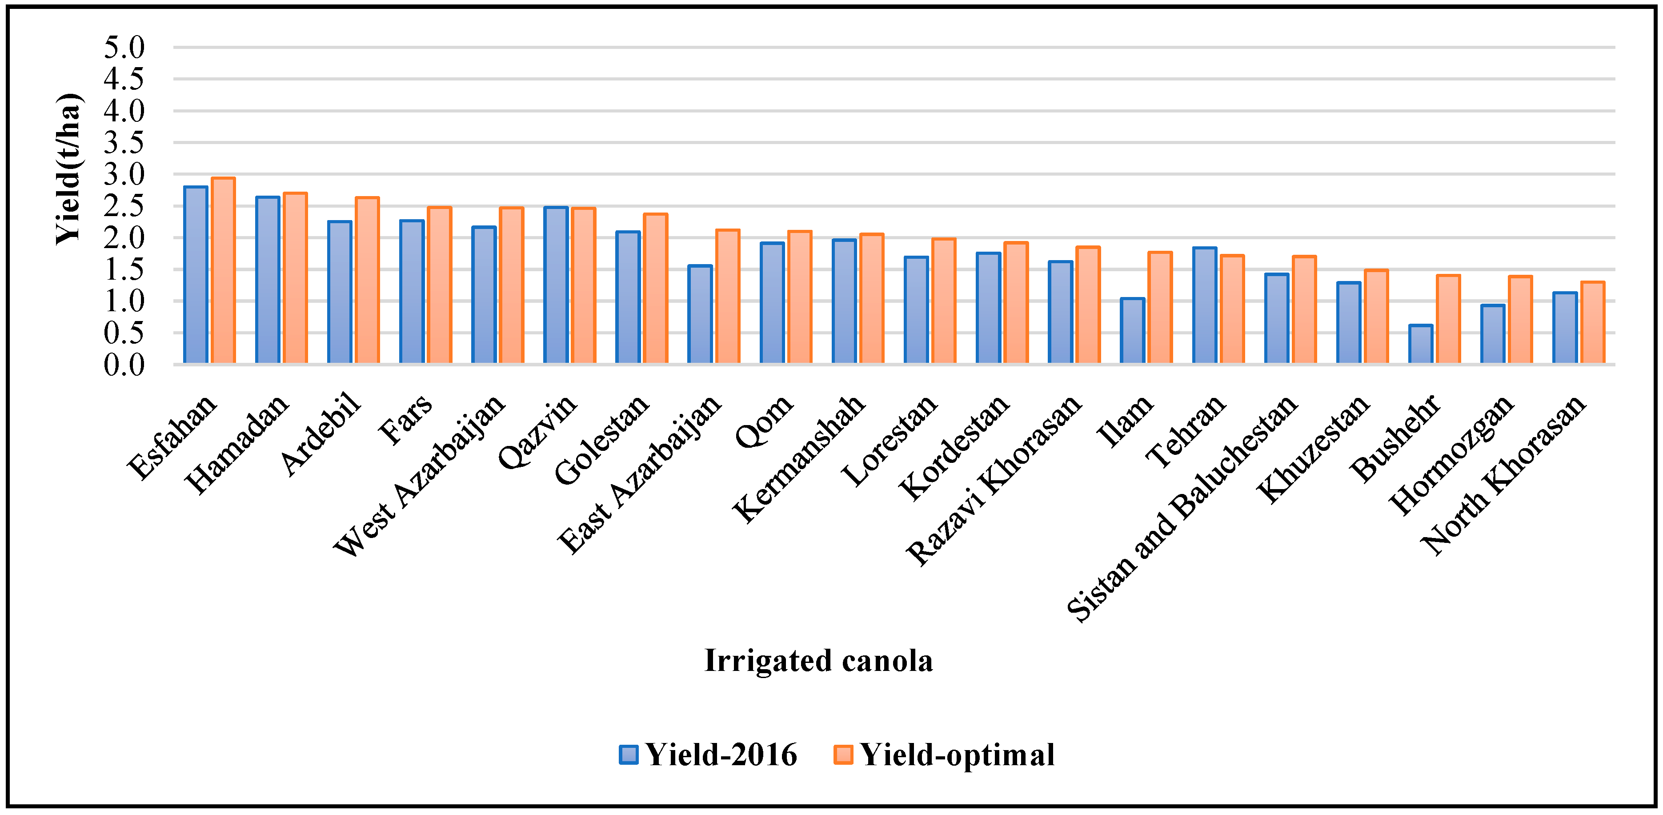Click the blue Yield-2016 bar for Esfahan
[x=196, y=275]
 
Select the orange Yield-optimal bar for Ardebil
[x=367, y=280]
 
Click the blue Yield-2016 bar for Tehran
[x=1205, y=305]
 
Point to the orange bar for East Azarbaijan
[x=728, y=297]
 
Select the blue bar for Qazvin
[x=556, y=285]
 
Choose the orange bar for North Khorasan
[x=1593, y=322]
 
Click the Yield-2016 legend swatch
[x=628, y=754]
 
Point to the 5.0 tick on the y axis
[x=124, y=47]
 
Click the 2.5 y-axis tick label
[x=124, y=206]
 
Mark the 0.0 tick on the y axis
[x=124, y=365]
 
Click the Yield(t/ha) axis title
[x=68, y=169]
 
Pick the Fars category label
[x=405, y=420]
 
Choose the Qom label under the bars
[x=764, y=421]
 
